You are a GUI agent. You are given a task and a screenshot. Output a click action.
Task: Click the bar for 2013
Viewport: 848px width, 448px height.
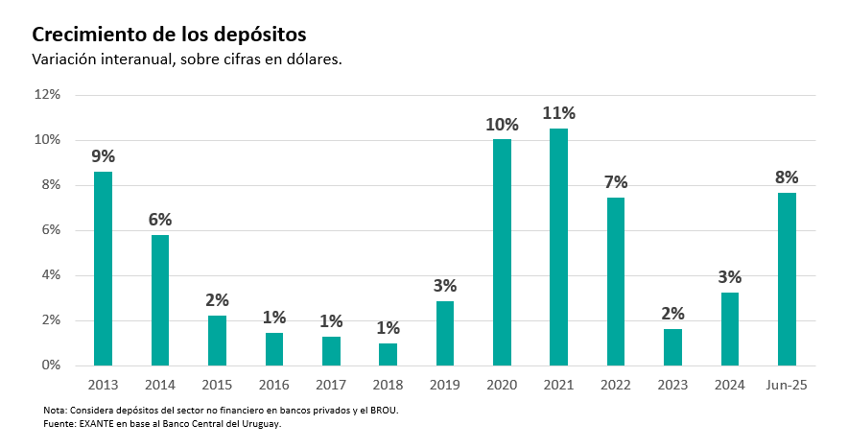click(x=103, y=269)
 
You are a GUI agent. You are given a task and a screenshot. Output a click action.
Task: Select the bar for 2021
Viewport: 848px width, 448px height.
click(x=558, y=247)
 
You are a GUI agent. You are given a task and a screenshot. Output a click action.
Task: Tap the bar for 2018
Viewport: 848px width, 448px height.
click(x=388, y=354)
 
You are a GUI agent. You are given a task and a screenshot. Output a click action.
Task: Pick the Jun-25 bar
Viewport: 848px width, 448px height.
click(x=787, y=278)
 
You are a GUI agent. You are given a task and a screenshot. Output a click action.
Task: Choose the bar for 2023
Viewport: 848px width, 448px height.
click(x=672, y=347)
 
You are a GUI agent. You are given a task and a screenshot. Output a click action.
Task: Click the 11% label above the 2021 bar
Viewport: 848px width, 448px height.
click(x=558, y=113)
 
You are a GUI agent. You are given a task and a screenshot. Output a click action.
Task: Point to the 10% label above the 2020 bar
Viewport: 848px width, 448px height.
click(x=502, y=125)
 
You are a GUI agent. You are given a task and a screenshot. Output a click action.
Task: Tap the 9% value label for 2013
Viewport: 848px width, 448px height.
click(x=103, y=156)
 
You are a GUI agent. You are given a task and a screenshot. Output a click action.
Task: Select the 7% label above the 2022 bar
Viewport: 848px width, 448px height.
click(x=616, y=182)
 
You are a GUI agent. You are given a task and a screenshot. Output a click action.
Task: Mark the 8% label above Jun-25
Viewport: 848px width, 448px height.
click(x=787, y=177)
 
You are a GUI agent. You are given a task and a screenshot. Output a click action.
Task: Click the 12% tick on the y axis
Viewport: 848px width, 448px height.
click(x=47, y=95)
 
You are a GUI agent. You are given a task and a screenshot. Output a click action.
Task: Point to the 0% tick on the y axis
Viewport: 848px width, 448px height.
click(x=51, y=365)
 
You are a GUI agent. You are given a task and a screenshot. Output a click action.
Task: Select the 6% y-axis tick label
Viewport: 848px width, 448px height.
click(x=51, y=230)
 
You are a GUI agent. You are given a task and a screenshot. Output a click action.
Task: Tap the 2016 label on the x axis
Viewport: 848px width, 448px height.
click(x=273, y=385)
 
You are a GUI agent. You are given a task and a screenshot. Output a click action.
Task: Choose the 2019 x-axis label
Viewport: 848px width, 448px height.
click(x=444, y=385)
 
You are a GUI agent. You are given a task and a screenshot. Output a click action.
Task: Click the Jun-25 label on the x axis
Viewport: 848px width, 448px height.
click(x=787, y=385)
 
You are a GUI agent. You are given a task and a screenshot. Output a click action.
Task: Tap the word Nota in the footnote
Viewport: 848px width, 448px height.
click(x=55, y=411)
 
